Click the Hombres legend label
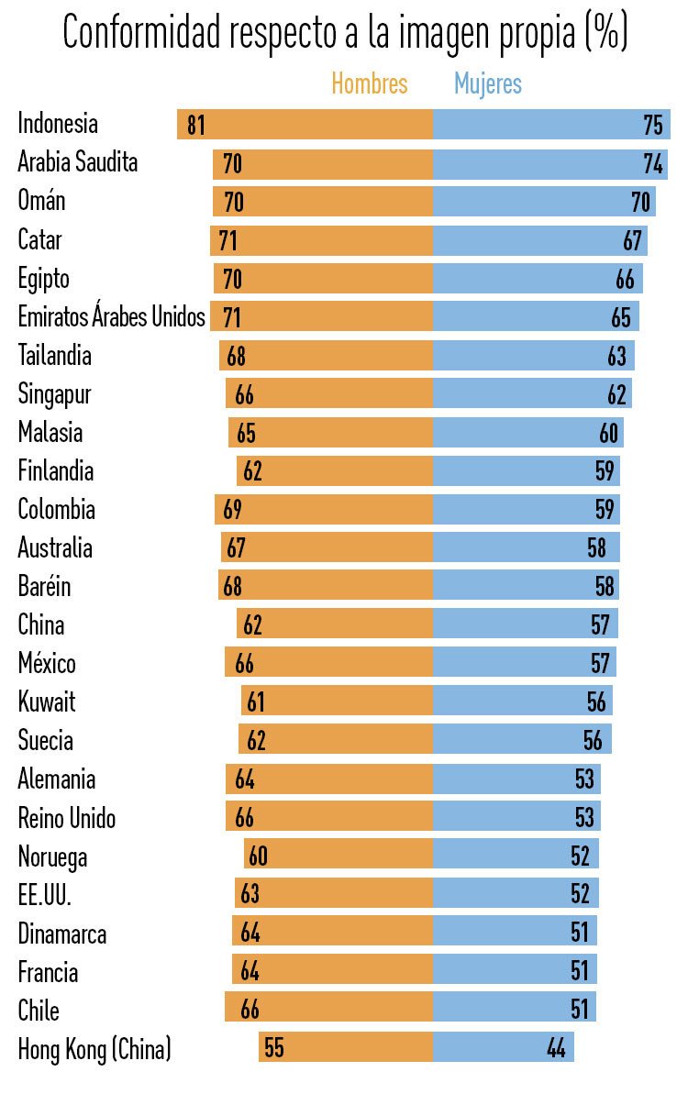369,84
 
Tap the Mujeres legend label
488,84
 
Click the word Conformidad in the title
142,34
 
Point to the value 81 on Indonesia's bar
196,125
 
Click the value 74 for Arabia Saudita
653,164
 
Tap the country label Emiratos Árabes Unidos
111,317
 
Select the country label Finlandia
56,471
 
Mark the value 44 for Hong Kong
556,1048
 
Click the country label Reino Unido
67,818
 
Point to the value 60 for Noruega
258,856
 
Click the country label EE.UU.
44,895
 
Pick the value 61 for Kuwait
255,702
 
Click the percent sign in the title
605,34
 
